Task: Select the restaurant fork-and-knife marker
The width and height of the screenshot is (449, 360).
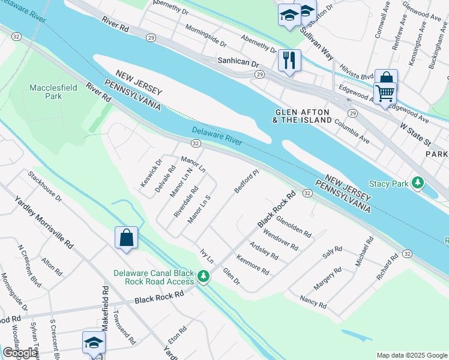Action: pos(289,59)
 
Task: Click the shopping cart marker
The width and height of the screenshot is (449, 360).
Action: pos(385,93)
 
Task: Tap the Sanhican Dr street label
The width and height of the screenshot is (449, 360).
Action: pos(238,63)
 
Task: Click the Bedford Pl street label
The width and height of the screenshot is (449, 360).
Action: pos(246,181)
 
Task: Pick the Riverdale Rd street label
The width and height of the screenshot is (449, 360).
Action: pos(185,202)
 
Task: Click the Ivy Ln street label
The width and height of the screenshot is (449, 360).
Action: pos(206,257)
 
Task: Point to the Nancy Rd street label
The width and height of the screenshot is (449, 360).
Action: pos(314,301)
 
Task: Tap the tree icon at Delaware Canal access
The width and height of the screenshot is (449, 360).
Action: pos(204,277)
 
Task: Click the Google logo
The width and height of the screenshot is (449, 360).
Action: pos(20,353)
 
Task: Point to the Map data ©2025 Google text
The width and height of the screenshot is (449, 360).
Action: pos(411,355)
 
